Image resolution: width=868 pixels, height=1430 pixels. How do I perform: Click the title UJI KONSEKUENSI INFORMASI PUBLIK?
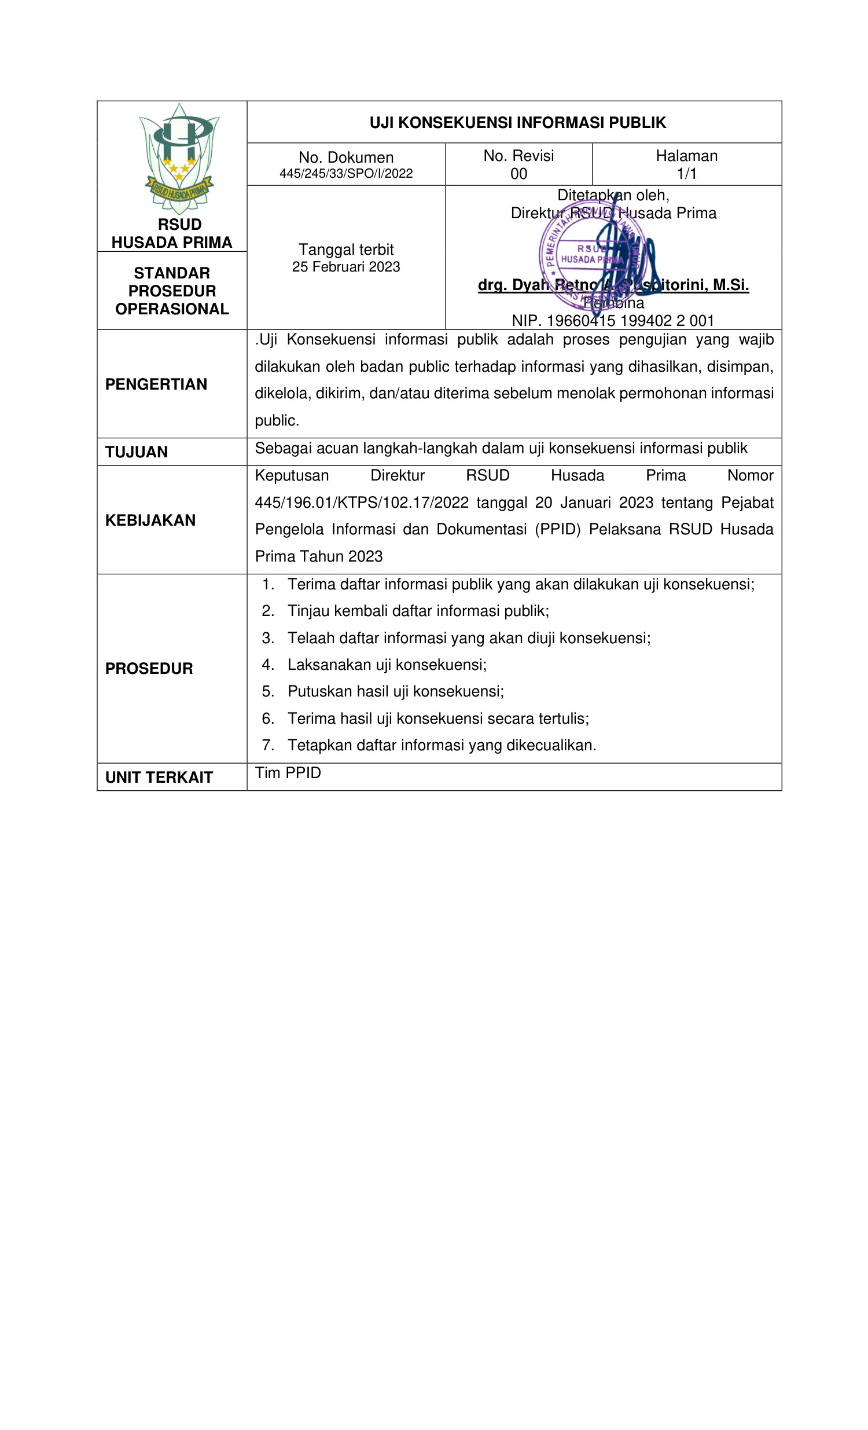tap(517, 123)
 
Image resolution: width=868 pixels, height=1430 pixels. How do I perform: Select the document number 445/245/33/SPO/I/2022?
tap(346, 174)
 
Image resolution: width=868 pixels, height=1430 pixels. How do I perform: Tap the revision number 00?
tap(518, 174)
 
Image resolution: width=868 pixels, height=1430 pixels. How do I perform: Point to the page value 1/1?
tap(686, 174)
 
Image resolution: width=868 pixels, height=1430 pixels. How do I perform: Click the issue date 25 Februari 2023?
tap(346, 267)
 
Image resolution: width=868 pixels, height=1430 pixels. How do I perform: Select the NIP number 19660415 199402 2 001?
tap(630, 320)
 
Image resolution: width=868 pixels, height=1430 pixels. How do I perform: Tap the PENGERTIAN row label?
tap(156, 384)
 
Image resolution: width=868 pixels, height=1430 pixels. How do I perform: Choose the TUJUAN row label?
tap(137, 452)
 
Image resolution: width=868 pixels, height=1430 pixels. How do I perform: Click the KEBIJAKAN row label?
tap(150, 520)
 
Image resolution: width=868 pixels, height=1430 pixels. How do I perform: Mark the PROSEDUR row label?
tap(149, 669)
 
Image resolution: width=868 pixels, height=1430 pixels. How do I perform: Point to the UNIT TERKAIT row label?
tap(159, 778)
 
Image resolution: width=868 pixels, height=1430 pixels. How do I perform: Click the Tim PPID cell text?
tap(288, 773)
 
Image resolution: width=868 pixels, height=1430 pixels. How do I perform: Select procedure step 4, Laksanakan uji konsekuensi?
tap(387, 665)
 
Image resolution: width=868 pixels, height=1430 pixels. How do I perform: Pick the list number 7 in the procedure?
tap(267, 745)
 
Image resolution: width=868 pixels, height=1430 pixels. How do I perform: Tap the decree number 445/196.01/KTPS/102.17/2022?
tap(362, 503)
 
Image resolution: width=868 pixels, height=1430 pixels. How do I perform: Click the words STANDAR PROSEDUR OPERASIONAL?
tap(172, 291)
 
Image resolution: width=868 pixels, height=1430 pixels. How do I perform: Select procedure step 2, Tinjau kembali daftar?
tap(418, 611)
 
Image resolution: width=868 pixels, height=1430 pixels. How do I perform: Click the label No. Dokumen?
tap(346, 157)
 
